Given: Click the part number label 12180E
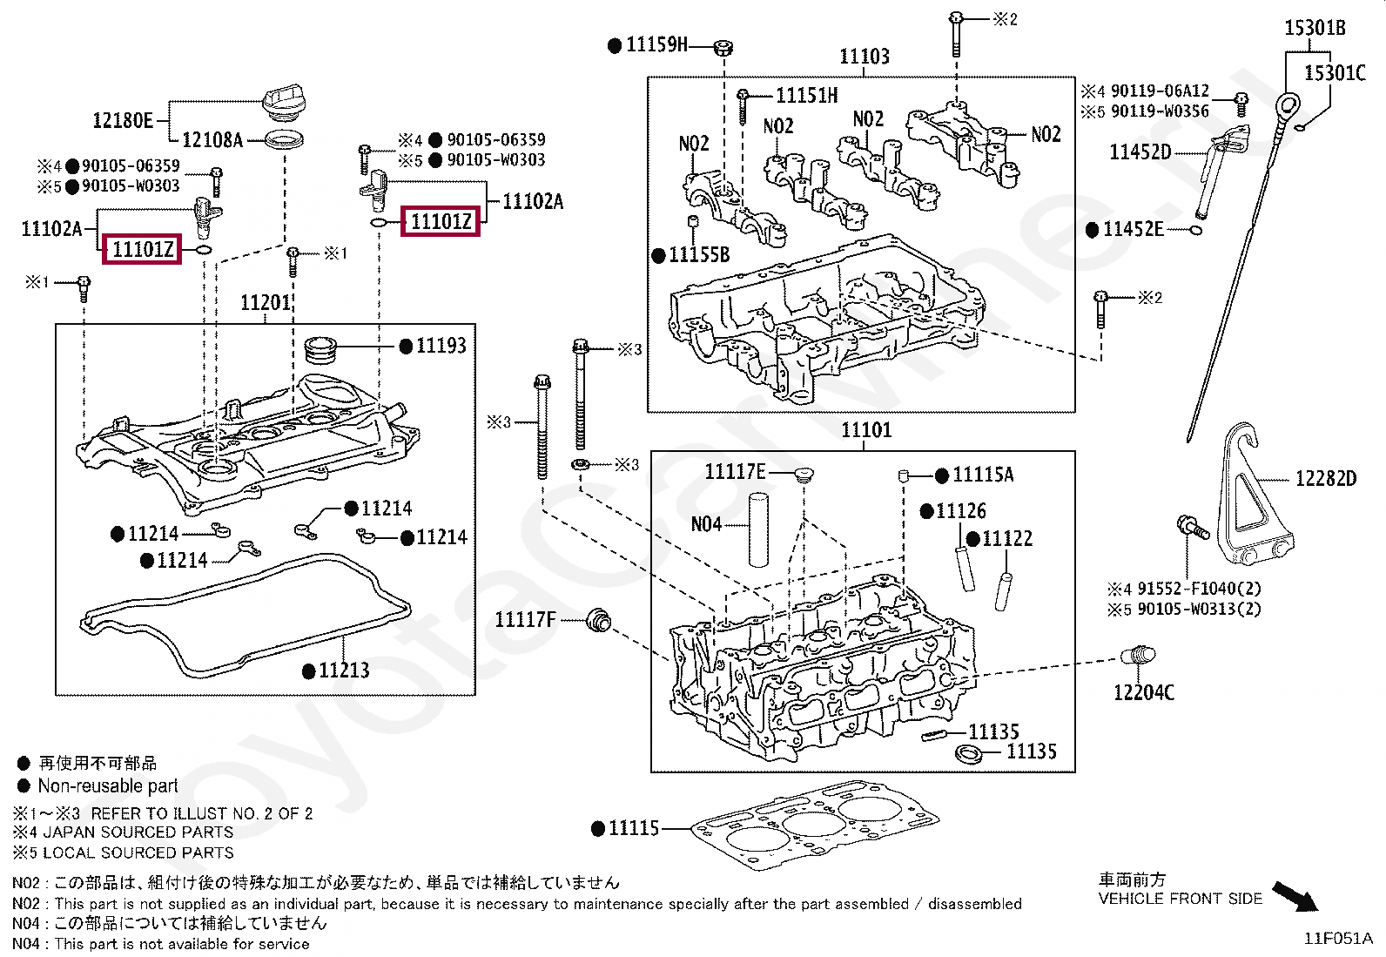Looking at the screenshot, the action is pos(123,120).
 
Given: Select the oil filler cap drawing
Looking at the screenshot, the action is pos(284,106).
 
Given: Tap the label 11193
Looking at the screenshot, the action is pos(441,346).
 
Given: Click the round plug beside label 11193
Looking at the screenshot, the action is pos(321,350).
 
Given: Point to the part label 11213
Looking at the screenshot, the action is pos(344,671).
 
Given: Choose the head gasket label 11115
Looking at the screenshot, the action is pos(634,828).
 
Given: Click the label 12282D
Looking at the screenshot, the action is pos(1326,479).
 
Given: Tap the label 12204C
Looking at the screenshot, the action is pos(1143,692).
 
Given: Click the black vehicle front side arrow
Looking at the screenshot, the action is pos(1295,897).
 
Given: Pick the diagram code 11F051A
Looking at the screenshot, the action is pos(1338,939).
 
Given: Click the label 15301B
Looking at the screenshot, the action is pos(1315,28).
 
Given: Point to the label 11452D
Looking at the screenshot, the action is pos(1140,152).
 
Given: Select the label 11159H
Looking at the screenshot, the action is pos(656,44).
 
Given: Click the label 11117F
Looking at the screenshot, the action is pos(525,620).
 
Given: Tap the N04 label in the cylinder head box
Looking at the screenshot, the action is pos(706,525).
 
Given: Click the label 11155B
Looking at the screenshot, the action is pos(699,254).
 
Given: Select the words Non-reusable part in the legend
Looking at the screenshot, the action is pos(108,786).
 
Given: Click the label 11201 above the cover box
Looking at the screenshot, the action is pos(266,303).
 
